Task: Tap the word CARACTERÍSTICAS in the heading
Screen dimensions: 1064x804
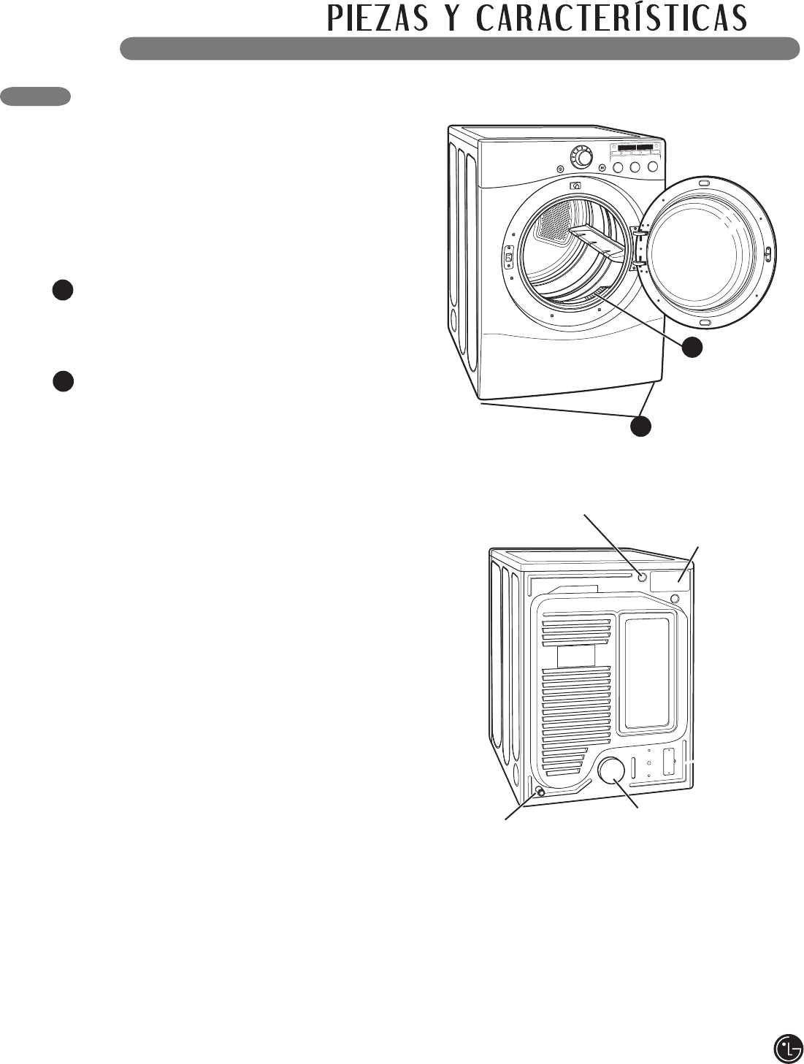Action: (x=612, y=18)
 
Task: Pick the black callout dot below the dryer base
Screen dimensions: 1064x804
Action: (x=641, y=426)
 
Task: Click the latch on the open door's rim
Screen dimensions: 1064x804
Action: (x=767, y=253)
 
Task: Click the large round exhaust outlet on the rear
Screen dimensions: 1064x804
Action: (x=610, y=770)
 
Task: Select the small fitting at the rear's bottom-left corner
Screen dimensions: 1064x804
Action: (x=540, y=792)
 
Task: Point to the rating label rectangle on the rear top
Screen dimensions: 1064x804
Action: (x=670, y=580)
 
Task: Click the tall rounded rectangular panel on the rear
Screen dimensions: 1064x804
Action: (x=647, y=673)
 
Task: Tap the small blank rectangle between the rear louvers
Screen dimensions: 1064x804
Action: (x=576, y=655)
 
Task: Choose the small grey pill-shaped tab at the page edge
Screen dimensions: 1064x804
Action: (x=36, y=96)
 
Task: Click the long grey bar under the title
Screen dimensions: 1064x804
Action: (x=459, y=48)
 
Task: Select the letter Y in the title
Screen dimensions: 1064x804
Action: (x=453, y=18)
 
